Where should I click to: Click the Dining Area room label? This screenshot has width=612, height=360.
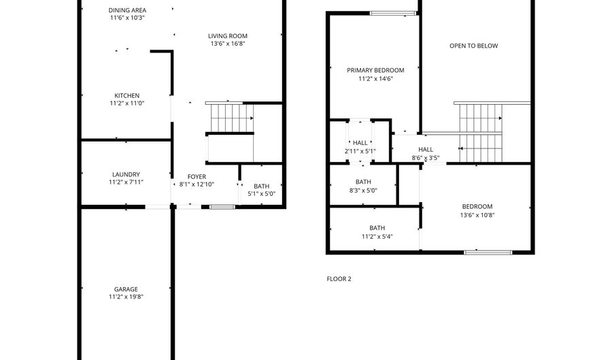point(127,10)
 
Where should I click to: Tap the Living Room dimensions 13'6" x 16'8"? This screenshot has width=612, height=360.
point(227,44)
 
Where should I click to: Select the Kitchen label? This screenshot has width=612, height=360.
point(126,95)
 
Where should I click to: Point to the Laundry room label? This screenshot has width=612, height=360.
point(126,174)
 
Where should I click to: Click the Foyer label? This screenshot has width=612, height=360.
point(197,177)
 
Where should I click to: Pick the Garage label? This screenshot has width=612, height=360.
point(126,289)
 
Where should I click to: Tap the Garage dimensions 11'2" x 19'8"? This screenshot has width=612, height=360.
point(126,297)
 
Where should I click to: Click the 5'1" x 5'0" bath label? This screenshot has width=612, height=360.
point(261,194)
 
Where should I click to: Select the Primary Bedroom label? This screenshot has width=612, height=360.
point(375,70)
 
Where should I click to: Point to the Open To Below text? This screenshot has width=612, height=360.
point(473,46)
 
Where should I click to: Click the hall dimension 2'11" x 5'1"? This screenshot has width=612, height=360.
point(360,151)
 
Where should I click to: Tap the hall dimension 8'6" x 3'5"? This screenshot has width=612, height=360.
point(426,158)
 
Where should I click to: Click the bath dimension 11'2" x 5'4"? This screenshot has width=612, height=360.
point(377,237)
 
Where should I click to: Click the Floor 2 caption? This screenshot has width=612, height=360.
point(339,278)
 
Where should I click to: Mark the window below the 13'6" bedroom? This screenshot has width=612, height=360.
point(488,252)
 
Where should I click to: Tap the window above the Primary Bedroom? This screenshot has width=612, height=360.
point(393,12)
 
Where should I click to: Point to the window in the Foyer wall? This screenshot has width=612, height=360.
point(222,206)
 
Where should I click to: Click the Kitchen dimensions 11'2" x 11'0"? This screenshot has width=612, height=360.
point(126,103)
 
